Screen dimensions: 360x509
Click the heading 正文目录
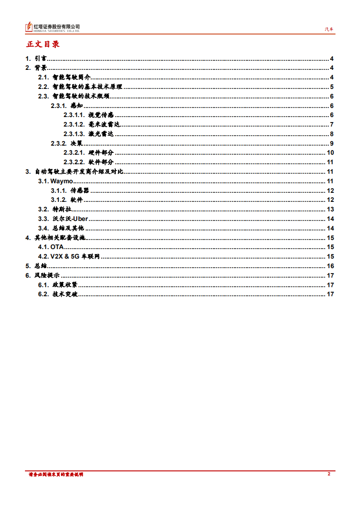[x=43, y=44]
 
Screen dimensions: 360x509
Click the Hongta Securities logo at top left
[x=53, y=28]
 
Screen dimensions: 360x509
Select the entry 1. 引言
[x=36, y=59]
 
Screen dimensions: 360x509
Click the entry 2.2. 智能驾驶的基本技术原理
[x=80, y=87]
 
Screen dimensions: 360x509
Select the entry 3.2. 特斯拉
[x=55, y=209]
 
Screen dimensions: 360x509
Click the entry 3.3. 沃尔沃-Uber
[x=63, y=219]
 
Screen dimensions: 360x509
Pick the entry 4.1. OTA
[x=51, y=247]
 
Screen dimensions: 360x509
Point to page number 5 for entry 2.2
[x=332, y=87]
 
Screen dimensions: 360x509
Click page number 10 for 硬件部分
[x=330, y=153]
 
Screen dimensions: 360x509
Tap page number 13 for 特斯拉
[x=330, y=209]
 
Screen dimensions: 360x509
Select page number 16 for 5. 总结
[x=330, y=266]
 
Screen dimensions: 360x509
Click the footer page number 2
[x=329, y=474]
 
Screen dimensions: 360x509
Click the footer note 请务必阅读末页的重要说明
[x=55, y=474]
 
